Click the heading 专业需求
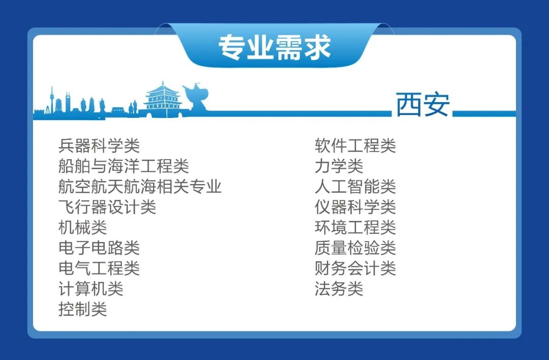pyautogui.click(x=274, y=48)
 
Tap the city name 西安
pyautogui.click(x=422, y=105)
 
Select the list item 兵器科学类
pyautogui.click(x=99, y=146)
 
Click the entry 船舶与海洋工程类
pyautogui.click(x=124, y=166)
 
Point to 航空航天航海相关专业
pyautogui.click(x=140, y=187)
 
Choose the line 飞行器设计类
pyautogui.click(x=107, y=207)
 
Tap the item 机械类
pyautogui.click(x=82, y=227)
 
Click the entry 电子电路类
pyautogui.click(x=99, y=248)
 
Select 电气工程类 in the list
pyautogui.click(x=99, y=268)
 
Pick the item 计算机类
pyautogui.click(x=90, y=289)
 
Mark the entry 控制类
pyautogui.click(x=82, y=309)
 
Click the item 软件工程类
pyautogui.click(x=355, y=146)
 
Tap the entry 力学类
pyautogui.click(x=339, y=166)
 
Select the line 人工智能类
pyautogui.click(x=355, y=187)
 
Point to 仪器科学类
pyautogui.click(x=355, y=207)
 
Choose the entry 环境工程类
pyautogui.click(x=355, y=227)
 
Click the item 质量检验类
pyautogui.click(x=355, y=248)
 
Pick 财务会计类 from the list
pyautogui.click(x=355, y=268)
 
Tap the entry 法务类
pyautogui.click(x=339, y=289)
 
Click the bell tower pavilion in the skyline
pyautogui.click(x=162, y=101)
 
